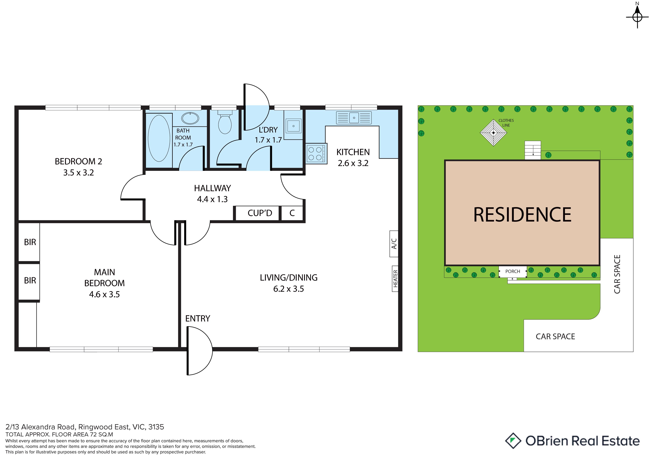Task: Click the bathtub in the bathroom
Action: [159, 138]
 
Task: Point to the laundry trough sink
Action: [293, 126]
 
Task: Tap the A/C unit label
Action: [394, 244]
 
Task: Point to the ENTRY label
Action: [198, 319]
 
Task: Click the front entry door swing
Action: [199, 351]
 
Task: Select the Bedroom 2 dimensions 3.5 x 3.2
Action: [78, 172]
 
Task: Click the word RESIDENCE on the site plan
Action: [522, 215]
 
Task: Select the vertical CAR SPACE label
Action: [617, 274]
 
